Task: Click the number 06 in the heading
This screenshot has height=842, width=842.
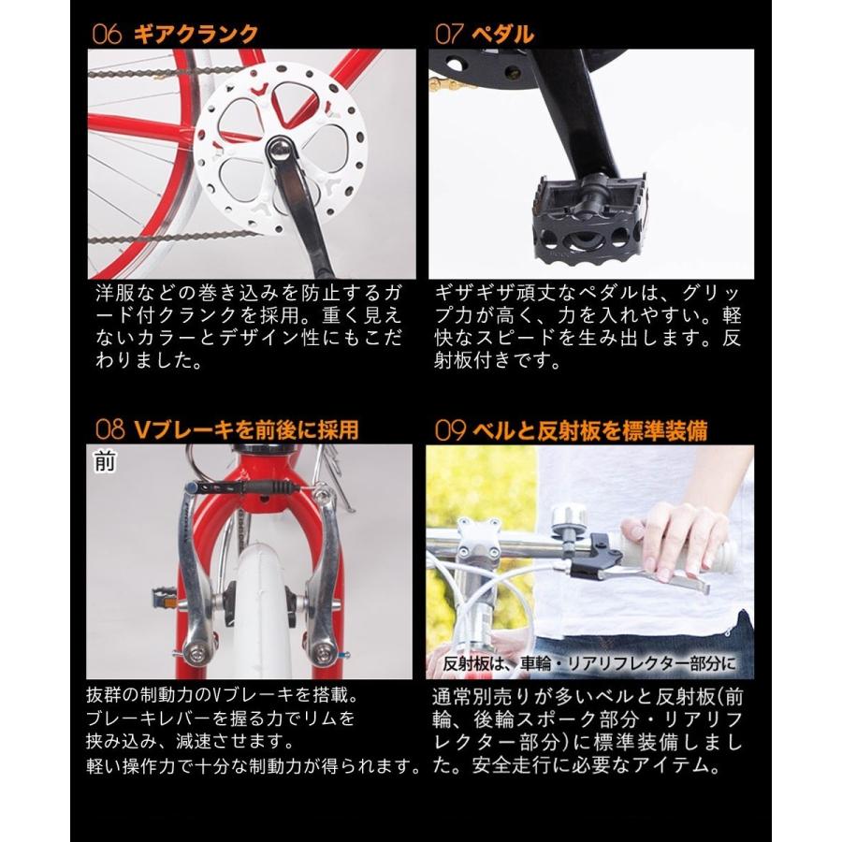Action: (108, 35)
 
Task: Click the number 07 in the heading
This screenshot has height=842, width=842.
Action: (450, 35)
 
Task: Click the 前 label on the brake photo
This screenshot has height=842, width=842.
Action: (105, 460)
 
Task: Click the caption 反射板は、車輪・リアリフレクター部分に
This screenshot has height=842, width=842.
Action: (589, 665)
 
